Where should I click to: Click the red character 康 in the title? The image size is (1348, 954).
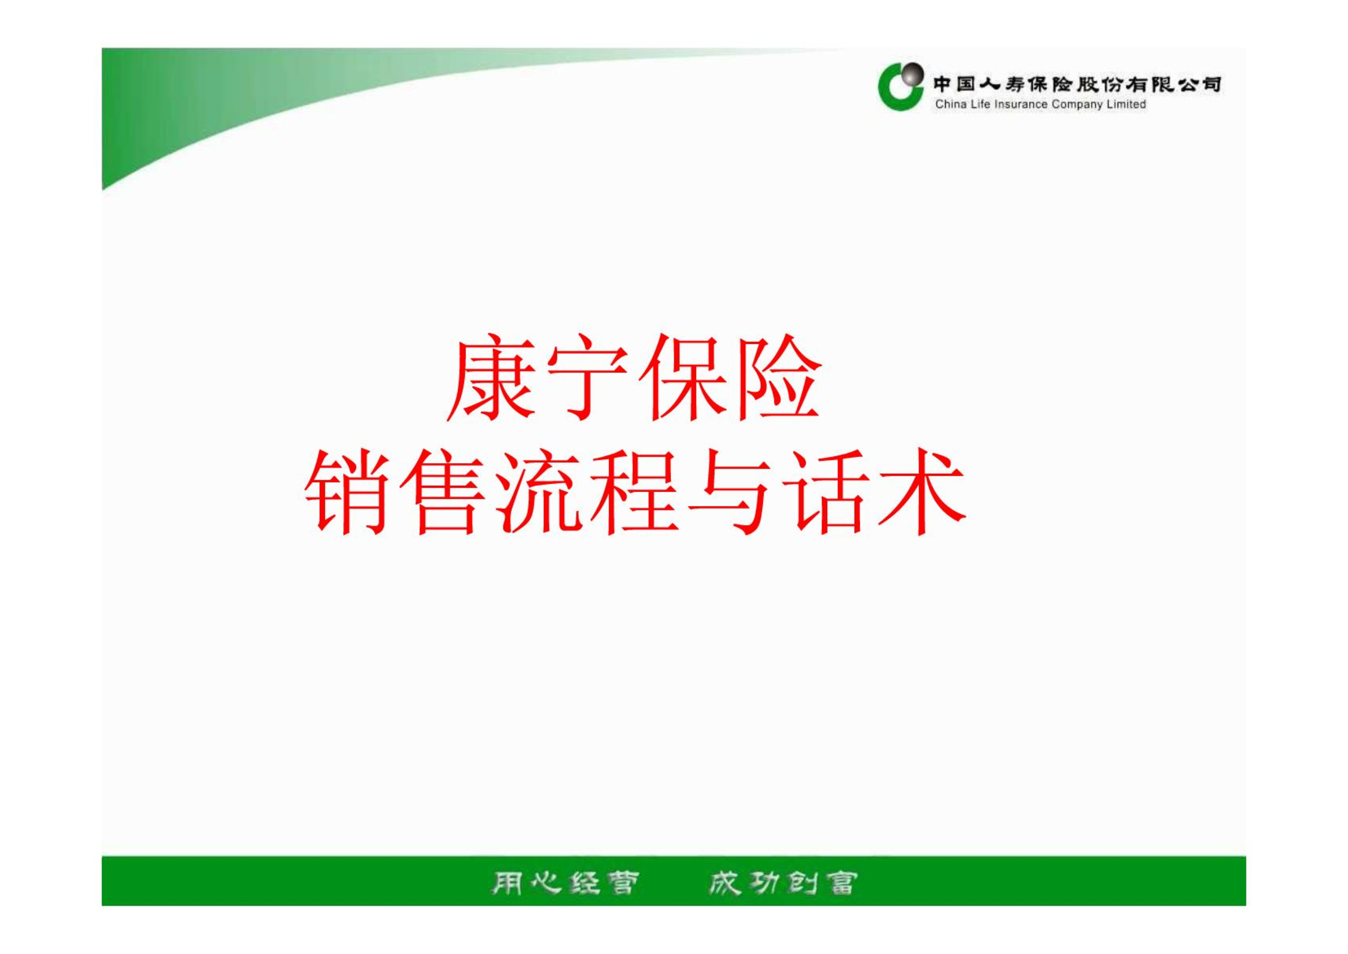pos(491,378)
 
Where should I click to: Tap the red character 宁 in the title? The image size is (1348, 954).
pos(587,378)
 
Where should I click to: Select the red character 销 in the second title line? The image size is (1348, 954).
pos(347,491)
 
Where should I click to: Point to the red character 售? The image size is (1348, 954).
pos(442,491)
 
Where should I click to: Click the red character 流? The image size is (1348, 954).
pos(538,491)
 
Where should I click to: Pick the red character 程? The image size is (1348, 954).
pos(633,491)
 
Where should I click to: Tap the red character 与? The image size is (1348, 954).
pos(729,491)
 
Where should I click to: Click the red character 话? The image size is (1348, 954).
pos(825,491)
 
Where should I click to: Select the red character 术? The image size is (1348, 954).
pos(922,491)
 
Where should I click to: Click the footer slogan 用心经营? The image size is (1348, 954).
pos(565,883)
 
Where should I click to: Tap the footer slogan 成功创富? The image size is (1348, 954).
pos(783,883)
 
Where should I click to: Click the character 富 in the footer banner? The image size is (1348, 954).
pos(842,883)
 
